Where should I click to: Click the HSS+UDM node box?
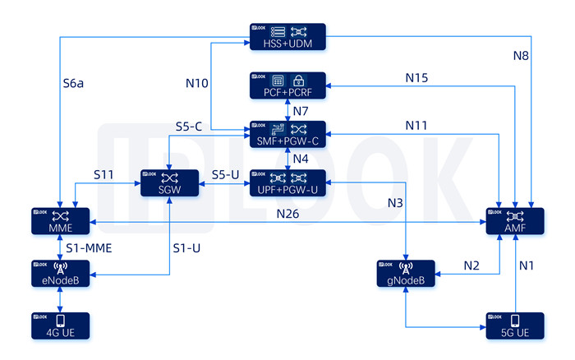click(x=287, y=37)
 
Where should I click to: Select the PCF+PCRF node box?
click(x=287, y=85)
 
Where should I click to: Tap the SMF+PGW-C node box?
click(x=287, y=134)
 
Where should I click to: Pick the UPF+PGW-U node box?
click(x=287, y=182)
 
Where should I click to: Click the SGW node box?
click(x=169, y=182)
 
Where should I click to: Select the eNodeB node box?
click(x=62, y=274)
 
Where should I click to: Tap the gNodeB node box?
click(x=405, y=274)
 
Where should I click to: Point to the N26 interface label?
click(x=288, y=214)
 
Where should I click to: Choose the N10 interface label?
click(x=197, y=83)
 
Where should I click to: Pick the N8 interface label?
click(x=521, y=57)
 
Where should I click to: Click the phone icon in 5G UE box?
click(x=516, y=319)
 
